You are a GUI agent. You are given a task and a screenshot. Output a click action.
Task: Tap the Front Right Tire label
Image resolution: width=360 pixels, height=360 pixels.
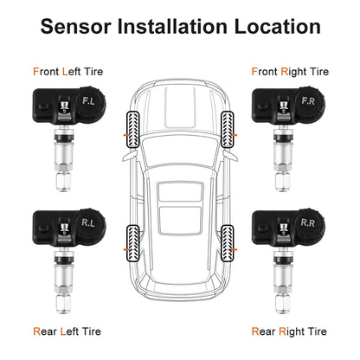[x=290, y=73]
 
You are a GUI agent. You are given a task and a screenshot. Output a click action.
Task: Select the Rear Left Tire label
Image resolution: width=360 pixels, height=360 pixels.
[x=68, y=330]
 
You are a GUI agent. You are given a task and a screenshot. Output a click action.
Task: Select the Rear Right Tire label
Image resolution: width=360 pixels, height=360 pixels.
[x=289, y=330]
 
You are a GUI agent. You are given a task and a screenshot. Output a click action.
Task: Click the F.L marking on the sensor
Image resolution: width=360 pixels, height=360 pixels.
[x=90, y=101]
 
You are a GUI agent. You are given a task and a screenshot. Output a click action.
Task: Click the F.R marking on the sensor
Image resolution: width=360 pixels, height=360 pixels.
[x=307, y=101]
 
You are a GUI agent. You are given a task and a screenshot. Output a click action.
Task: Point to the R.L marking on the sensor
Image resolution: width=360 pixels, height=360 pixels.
[x=90, y=222]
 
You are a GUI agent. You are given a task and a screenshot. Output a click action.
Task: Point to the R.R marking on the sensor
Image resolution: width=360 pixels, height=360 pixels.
[x=307, y=222]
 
